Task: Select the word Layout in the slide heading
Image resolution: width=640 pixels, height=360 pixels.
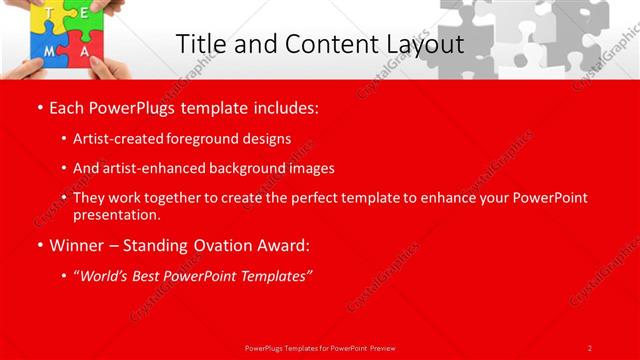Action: click(421, 45)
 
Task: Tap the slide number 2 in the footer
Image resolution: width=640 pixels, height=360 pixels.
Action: click(590, 347)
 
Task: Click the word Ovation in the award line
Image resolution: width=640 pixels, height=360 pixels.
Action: click(222, 245)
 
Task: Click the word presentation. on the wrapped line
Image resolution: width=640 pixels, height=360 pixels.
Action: click(117, 214)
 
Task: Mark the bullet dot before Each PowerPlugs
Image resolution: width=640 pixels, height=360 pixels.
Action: click(38, 107)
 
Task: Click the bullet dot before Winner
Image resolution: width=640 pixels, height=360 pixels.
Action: click(38, 245)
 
